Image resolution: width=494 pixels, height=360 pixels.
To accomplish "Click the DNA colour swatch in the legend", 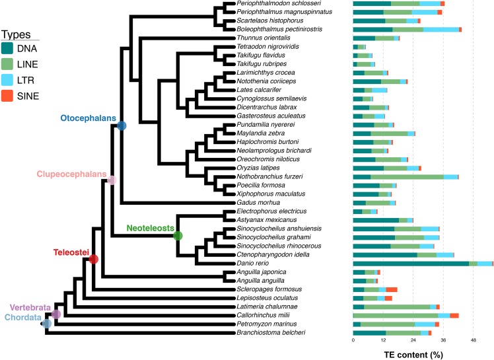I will coord(8,48).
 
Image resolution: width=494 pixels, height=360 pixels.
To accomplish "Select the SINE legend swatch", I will coord(8,96).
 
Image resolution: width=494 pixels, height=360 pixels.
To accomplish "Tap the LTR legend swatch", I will coord(8,81).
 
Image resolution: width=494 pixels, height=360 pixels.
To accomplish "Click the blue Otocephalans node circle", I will coord(122,125).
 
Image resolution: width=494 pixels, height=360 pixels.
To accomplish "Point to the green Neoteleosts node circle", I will coord(177,235).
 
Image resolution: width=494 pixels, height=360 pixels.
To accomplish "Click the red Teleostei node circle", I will coord(93,260).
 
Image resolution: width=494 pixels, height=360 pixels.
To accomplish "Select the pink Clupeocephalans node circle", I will coord(112,180).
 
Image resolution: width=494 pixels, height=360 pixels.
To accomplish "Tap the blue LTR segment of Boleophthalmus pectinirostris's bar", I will coord(441,30).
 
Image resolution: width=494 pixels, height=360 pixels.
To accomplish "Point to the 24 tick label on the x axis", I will coord(413,341).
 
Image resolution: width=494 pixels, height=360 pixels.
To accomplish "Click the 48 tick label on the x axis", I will coord(474,341).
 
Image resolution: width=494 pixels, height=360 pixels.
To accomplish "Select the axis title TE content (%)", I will coord(413,353).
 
